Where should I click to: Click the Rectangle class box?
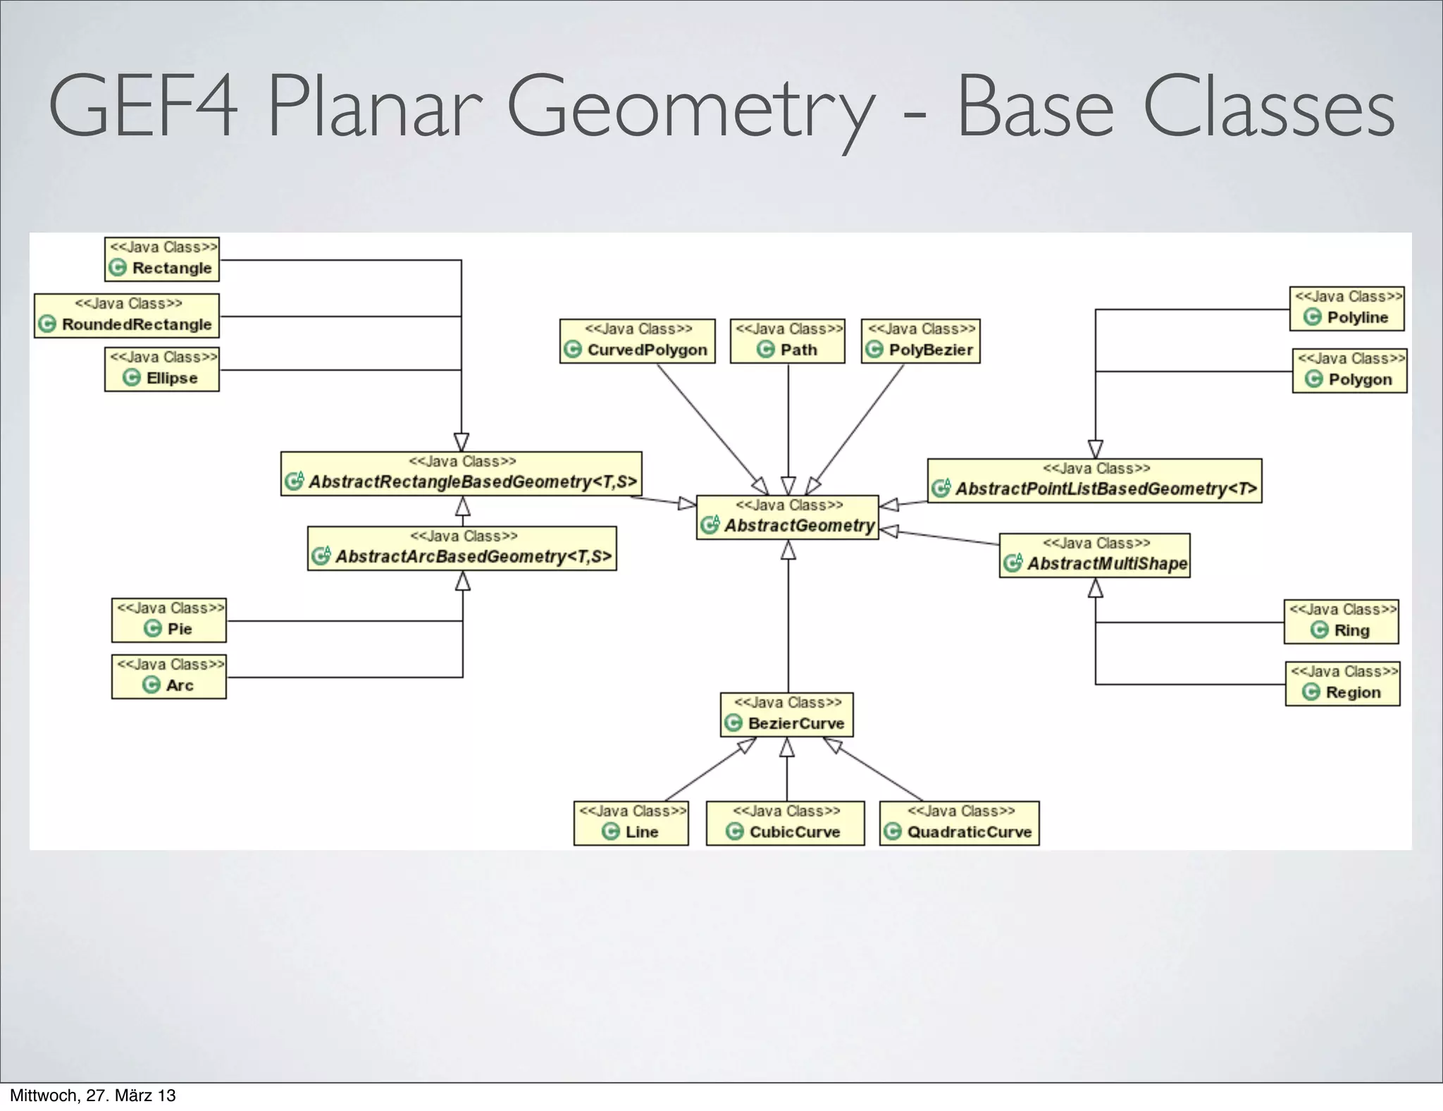click(x=162, y=259)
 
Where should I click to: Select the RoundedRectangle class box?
click(x=127, y=316)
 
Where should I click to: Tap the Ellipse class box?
click(x=162, y=369)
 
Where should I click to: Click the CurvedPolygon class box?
click(x=637, y=341)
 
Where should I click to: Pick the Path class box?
click(x=787, y=341)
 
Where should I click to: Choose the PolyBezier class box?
click(x=920, y=341)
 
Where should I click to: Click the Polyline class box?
click(x=1346, y=309)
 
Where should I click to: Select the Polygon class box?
click(x=1349, y=371)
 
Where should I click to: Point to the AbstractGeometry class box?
click(x=787, y=517)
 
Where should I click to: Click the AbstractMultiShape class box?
click(x=1094, y=555)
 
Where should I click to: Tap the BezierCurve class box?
click(x=786, y=715)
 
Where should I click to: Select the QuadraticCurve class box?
click(x=959, y=823)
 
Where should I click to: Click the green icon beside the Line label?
click(x=610, y=832)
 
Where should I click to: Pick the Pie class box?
click(x=169, y=620)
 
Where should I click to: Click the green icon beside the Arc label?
click(x=151, y=685)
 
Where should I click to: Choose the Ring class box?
click(x=1341, y=622)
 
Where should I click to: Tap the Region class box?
click(x=1342, y=684)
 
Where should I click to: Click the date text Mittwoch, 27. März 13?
click(x=92, y=1095)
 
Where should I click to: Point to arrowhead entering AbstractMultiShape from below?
click(x=1095, y=588)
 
